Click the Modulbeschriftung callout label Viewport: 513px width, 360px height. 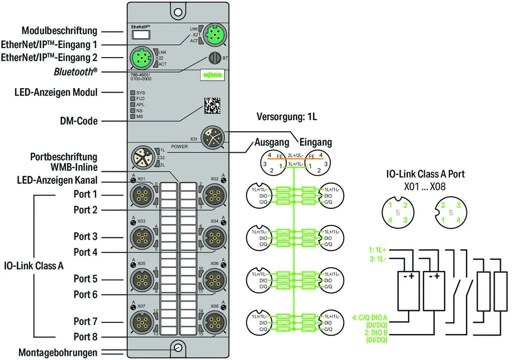[59, 31]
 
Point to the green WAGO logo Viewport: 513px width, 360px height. [213, 76]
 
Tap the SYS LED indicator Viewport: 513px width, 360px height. [133, 93]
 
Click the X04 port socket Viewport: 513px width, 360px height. [213, 236]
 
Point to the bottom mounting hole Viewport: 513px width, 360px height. [177, 348]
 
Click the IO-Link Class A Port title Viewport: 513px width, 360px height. [425, 174]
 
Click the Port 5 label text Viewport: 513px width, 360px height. [85, 278]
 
